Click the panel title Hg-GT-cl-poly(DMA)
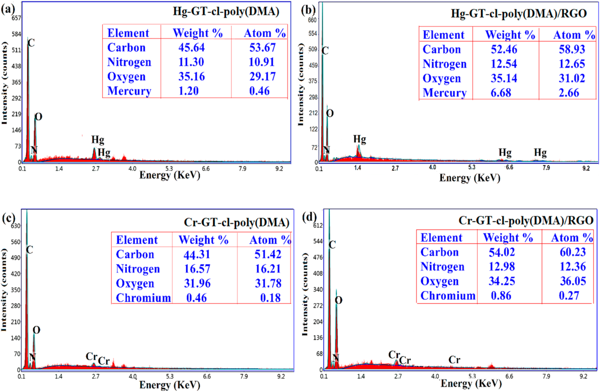pos(226,11)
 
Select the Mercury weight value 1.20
pos(188,91)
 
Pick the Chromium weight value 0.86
pos(501,296)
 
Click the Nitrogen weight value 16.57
pos(197,269)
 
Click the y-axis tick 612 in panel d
pos(318,225)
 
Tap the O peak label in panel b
pos(330,113)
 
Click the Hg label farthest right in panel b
pos(540,153)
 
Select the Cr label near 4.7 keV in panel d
pos(454,360)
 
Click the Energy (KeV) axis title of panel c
pos(170,385)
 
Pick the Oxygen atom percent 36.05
pos(573,281)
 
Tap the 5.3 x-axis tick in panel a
pos(169,168)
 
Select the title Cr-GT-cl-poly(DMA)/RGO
pos(526,221)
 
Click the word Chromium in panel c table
pos(143,298)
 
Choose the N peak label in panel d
pos(336,357)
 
